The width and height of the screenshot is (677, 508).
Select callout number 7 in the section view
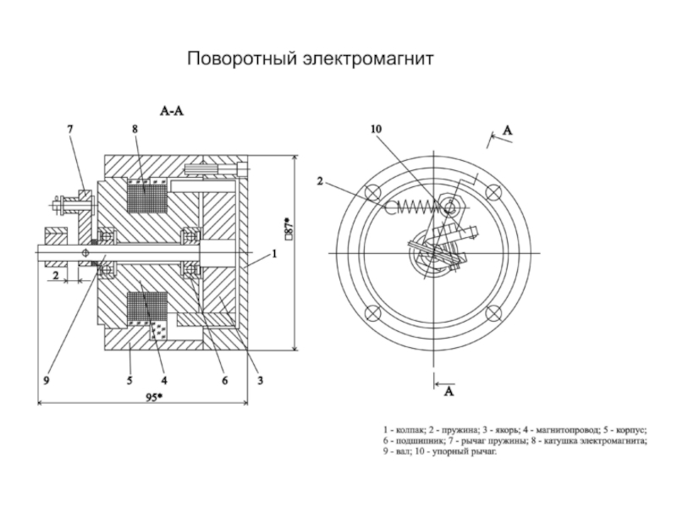[x=70, y=129]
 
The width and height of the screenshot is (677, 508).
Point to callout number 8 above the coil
[x=135, y=129]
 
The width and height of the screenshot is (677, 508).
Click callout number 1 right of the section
[x=275, y=253]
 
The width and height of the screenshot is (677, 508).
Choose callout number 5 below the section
[x=130, y=380]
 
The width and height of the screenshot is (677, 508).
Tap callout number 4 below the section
[x=164, y=380]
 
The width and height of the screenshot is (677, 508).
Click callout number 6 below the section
[x=225, y=380]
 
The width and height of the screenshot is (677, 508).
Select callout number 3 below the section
[x=260, y=380]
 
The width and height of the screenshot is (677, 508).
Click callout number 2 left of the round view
[x=320, y=180]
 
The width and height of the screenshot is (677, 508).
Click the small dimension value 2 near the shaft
[x=54, y=276]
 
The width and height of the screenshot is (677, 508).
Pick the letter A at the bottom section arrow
[x=449, y=391]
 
